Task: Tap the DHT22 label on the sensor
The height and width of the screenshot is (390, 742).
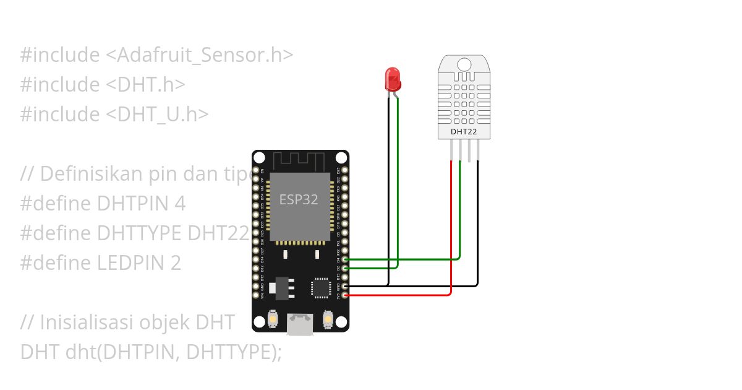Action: click(x=464, y=131)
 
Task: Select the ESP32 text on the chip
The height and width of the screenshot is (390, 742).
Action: click(x=299, y=199)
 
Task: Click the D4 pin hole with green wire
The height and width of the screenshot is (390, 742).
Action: click(x=345, y=259)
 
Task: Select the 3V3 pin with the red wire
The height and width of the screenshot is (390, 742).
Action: click(x=345, y=295)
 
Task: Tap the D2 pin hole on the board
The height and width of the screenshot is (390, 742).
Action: click(x=345, y=268)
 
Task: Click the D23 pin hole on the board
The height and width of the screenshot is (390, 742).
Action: click(x=345, y=170)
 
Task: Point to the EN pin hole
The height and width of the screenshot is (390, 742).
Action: click(x=255, y=170)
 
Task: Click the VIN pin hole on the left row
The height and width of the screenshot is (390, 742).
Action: click(x=255, y=295)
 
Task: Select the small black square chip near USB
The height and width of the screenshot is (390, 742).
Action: click(x=321, y=287)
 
